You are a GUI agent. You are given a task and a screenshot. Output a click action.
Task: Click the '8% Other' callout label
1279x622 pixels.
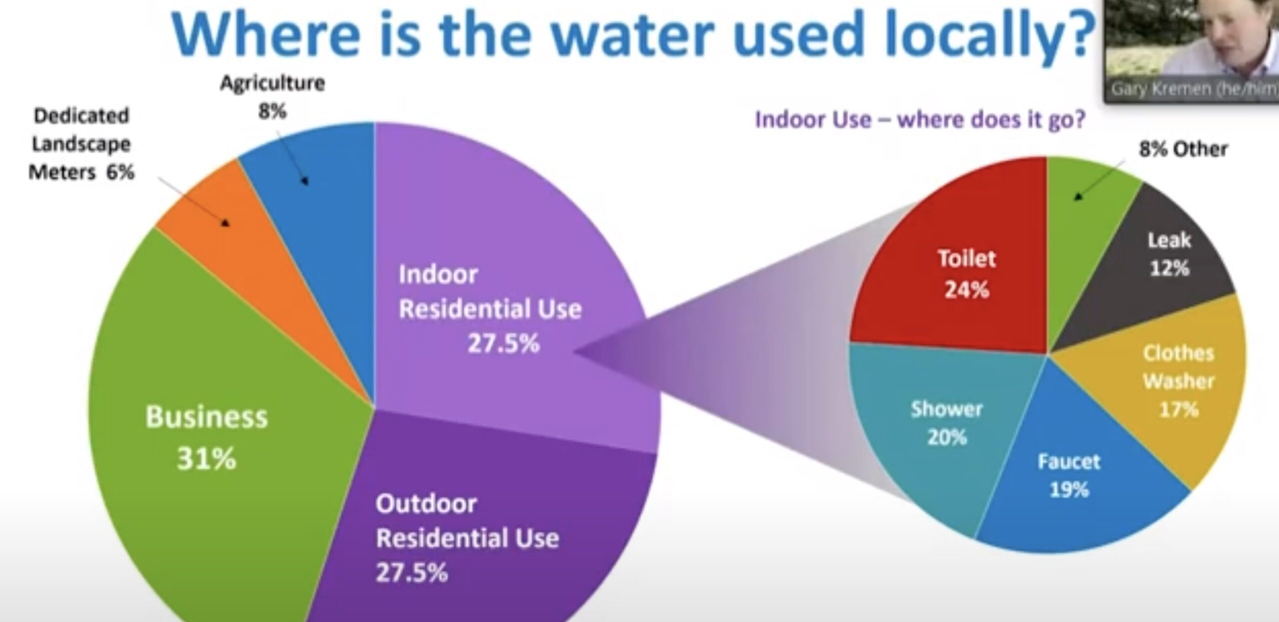1183,149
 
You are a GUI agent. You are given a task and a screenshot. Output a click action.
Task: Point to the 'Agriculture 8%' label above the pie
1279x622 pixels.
273,96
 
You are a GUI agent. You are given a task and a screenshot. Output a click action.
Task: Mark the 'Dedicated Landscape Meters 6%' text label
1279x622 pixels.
81,144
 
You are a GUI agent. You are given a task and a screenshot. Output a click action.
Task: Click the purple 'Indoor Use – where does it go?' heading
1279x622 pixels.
920,120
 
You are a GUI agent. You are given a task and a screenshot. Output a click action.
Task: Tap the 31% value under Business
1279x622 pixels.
206,458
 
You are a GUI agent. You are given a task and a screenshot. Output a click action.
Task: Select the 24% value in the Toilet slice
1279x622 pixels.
966,289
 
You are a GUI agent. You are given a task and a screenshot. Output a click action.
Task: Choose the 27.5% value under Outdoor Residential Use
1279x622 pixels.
412,573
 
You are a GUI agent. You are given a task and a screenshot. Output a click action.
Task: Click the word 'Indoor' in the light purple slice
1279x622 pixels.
438,274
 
